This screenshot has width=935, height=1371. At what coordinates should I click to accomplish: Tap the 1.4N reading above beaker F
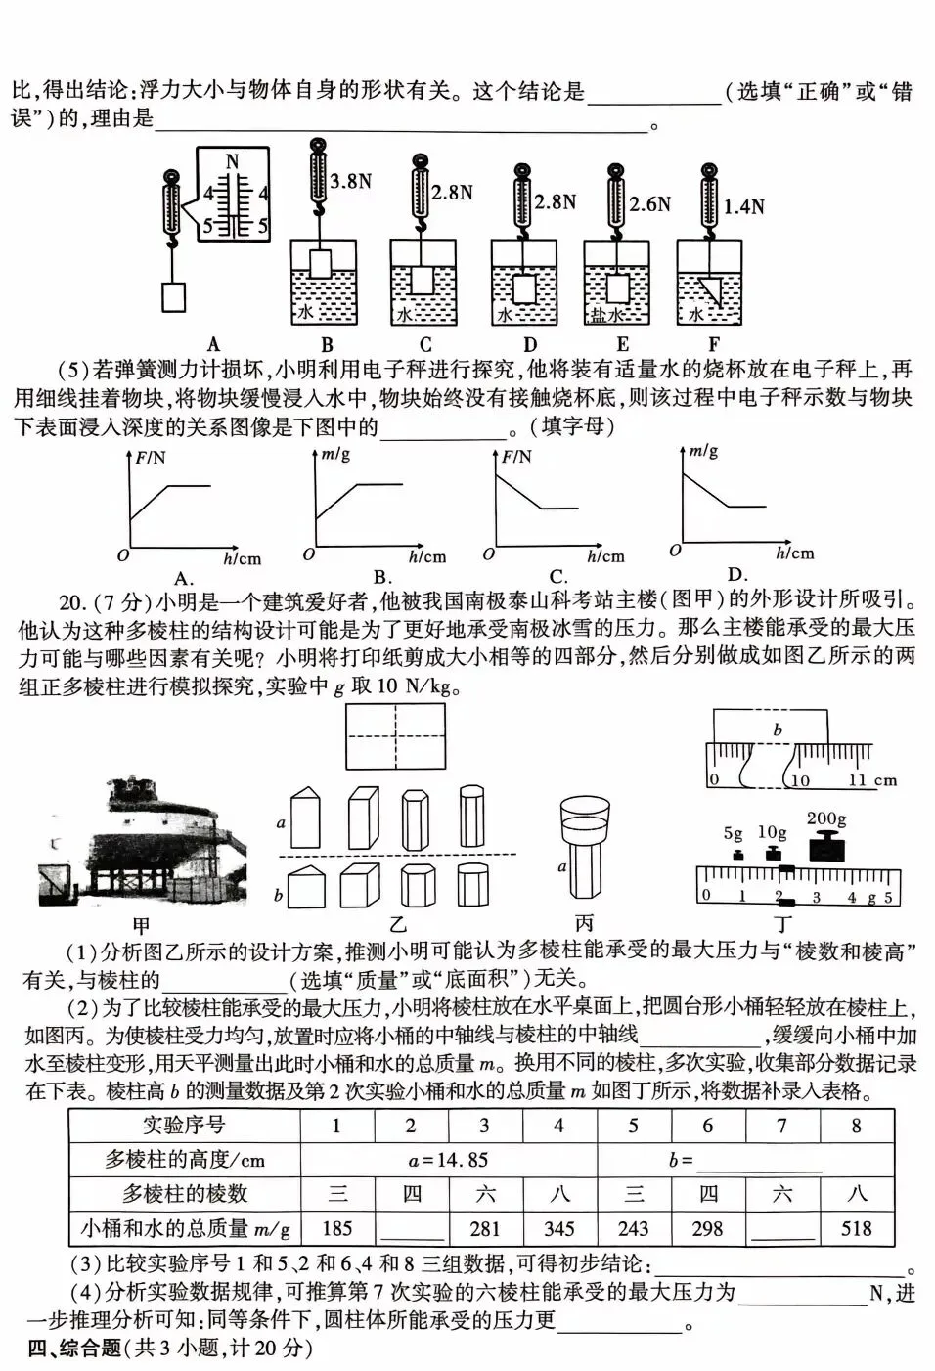pyautogui.click(x=743, y=206)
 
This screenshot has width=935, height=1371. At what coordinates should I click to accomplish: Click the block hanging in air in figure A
pyautogui.click(x=173, y=296)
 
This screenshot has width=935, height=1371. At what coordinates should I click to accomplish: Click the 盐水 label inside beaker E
pyautogui.click(x=605, y=315)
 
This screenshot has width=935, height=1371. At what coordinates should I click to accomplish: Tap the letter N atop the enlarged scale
pyautogui.click(x=232, y=161)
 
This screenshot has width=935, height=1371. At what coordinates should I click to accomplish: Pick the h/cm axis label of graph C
pyautogui.click(x=605, y=556)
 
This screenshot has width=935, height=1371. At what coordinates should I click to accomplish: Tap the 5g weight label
pyautogui.click(x=734, y=834)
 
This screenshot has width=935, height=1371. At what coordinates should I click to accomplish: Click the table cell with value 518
pyautogui.click(x=857, y=1228)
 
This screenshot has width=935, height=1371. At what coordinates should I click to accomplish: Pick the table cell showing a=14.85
pyautogui.click(x=448, y=1161)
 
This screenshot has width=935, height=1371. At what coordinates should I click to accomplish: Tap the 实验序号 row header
pyautogui.click(x=184, y=1126)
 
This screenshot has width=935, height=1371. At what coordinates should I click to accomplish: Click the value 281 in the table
pyautogui.click(x=484, y=1228)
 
